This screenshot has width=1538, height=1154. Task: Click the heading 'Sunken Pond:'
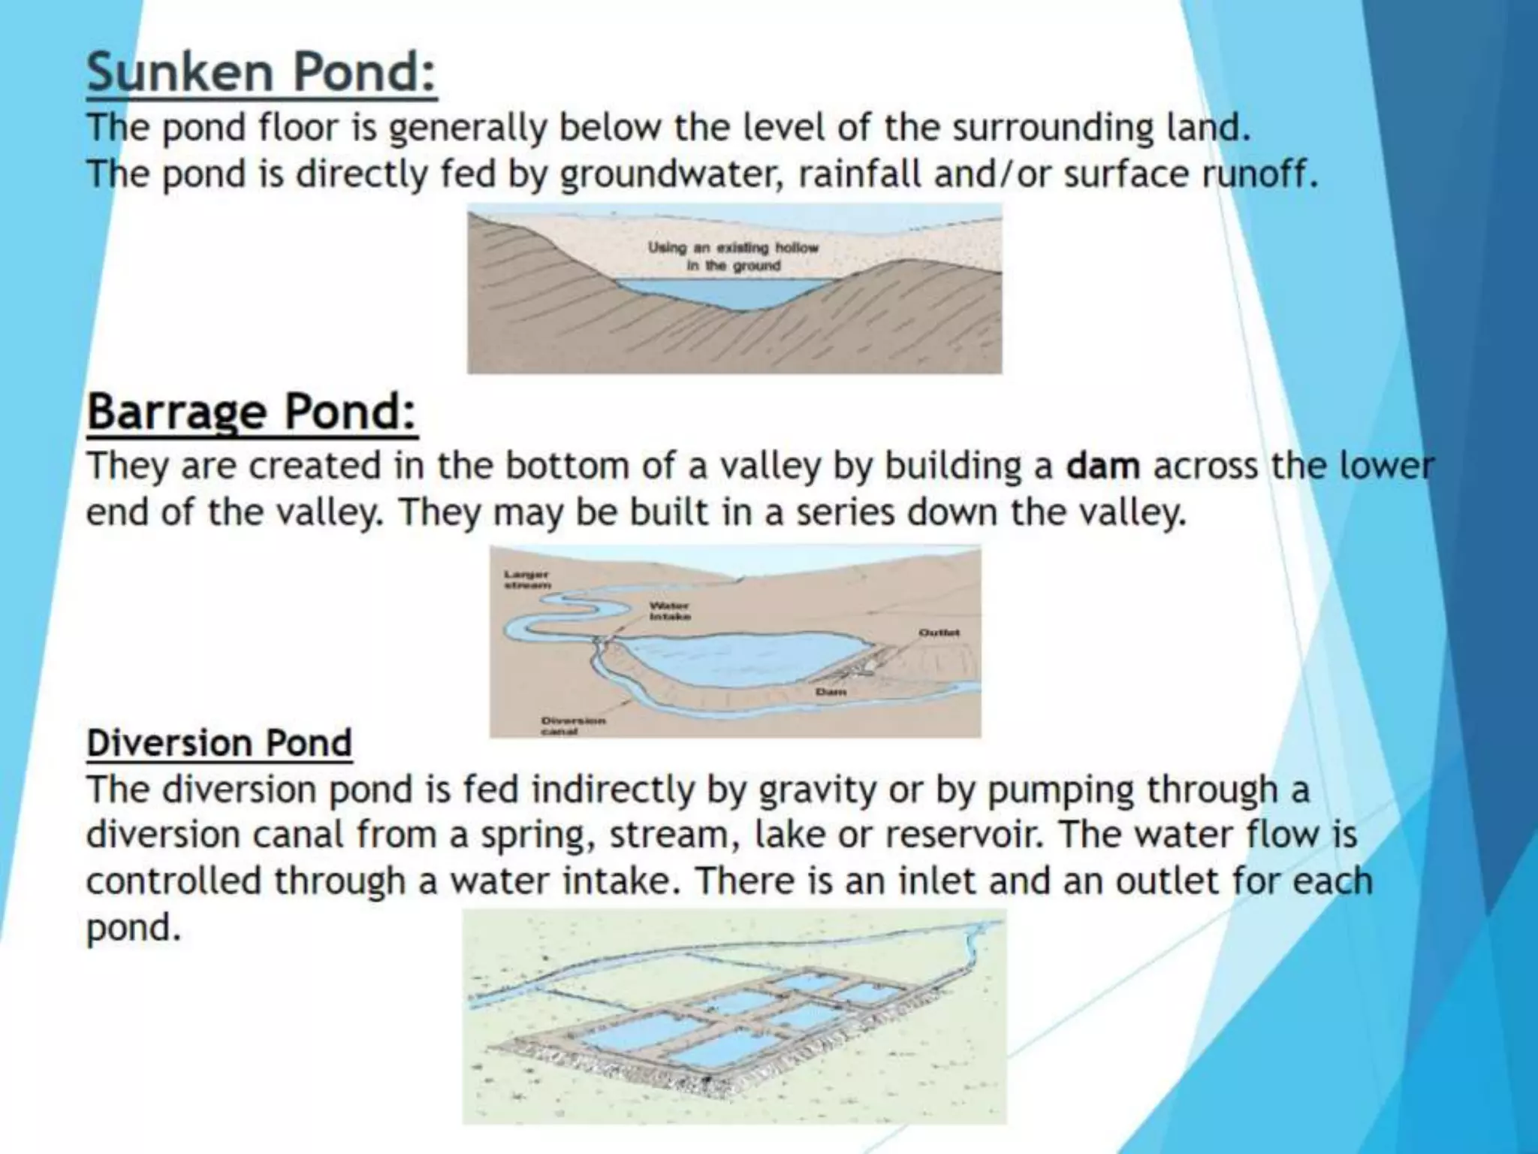(261, 74)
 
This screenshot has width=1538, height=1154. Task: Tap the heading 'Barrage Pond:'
(252, 412)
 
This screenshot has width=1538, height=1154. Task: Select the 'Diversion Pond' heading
(219, 743)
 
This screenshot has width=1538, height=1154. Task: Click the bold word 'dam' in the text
(1103, 466)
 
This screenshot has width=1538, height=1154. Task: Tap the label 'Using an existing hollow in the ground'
(733, 256)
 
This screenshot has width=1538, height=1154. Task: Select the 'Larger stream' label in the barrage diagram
(526, 579)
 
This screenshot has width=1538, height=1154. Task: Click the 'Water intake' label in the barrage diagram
(669, 610)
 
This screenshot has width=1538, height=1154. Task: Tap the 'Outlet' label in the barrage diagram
(939, 633)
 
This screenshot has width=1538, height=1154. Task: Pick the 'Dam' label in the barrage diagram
(831, 691)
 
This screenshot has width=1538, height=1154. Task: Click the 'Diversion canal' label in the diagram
(572, 725)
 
